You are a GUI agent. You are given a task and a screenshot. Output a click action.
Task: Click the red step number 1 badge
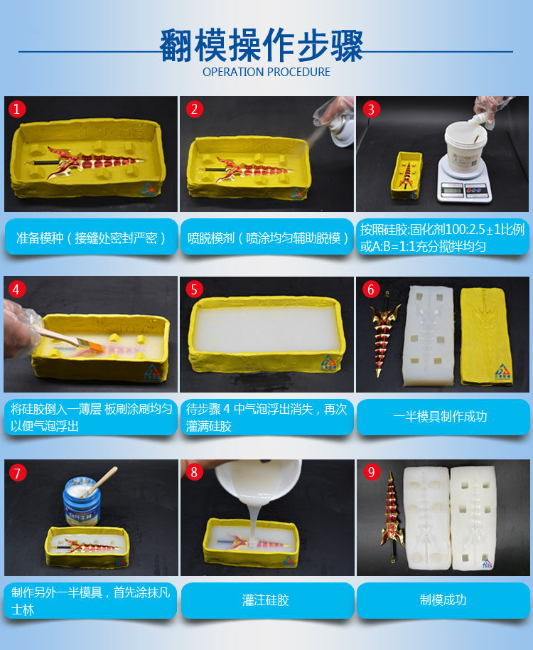(17, 109)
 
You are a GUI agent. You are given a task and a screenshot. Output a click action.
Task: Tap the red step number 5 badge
(194, 289)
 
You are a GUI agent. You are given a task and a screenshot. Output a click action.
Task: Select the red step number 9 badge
(371, 471)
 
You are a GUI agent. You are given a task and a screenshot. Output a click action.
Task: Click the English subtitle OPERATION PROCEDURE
(266, 72)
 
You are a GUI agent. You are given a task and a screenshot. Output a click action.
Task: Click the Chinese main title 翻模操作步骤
(262, 46)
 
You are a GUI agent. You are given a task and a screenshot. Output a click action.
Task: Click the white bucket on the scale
(464, 142)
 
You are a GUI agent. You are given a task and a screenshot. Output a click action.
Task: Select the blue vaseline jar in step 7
(82, 501)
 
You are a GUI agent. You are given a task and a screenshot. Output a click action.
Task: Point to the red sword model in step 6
(384, 334)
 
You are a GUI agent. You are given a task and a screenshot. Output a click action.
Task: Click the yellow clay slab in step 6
(487, 336)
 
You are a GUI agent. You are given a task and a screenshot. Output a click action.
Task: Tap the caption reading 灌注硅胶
(266, 600)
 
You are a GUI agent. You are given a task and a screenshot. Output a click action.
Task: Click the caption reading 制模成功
(443, 600)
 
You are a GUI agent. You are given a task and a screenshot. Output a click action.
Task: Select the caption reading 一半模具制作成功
(440, 416)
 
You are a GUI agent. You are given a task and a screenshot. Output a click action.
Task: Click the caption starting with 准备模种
(91, 238)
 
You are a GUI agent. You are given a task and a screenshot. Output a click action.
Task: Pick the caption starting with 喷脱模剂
(267, 238)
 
